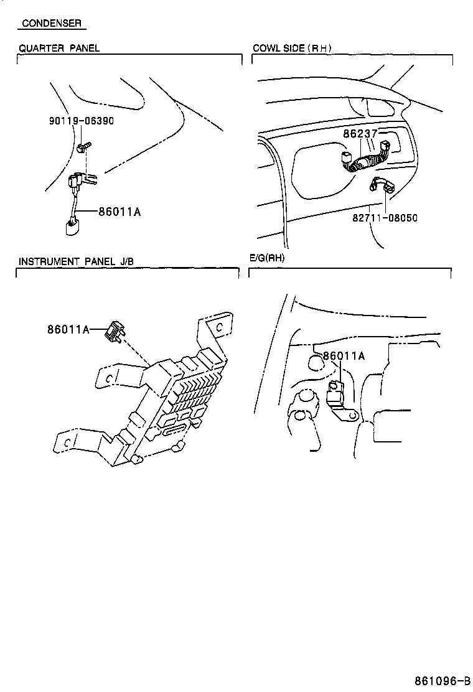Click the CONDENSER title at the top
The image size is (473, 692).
coord(51,24)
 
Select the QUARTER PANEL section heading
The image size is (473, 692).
coord(59,48)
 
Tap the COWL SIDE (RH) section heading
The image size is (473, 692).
coord(292,48)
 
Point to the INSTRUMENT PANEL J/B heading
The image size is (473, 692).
coord(76,261)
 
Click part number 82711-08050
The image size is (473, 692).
coord(386,218)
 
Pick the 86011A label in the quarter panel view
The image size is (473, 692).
coord(119,212)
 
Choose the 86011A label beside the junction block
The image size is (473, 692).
coord(68,329)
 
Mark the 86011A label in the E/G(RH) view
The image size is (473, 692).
coord(344,357)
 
